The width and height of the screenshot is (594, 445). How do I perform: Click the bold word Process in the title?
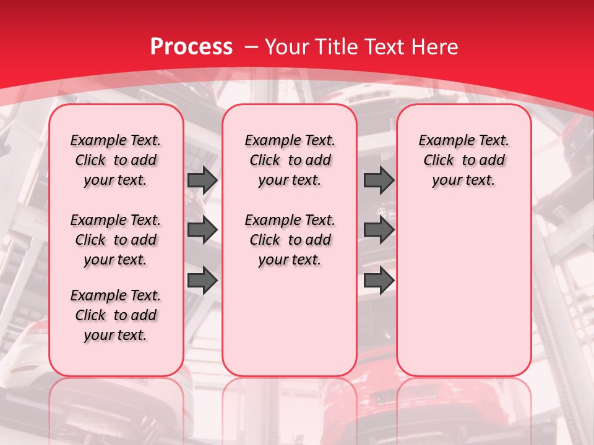[191, 46]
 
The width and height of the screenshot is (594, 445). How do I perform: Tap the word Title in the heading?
[337, 46]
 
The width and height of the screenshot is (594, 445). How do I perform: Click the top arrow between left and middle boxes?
[202, 180]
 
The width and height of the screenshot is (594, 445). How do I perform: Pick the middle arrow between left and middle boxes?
[202, 230]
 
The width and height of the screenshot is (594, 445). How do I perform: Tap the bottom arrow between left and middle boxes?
[202, 281]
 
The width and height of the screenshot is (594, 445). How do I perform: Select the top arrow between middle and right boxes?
[379, 180]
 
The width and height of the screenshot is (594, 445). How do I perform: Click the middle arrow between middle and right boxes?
[379, 230]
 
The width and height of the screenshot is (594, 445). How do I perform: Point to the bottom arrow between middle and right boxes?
[379, 281]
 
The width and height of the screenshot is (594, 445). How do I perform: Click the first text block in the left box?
[116, 160]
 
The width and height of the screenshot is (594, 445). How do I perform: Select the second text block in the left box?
[116, 240]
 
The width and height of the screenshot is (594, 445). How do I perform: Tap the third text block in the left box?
[116, 315]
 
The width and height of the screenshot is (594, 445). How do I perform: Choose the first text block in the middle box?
[290, 160]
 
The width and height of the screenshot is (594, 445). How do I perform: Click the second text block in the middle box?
[290, 240]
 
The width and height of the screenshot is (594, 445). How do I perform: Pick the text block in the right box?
[463, 160]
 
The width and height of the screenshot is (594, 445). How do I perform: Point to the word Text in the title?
[385, 46]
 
